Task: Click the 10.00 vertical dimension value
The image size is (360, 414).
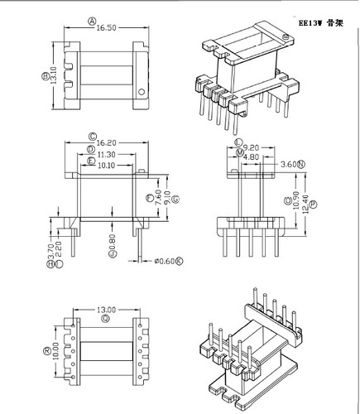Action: pyautogui.click(x=55, y=351)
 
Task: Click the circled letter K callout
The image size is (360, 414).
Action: pyautogui.click(x=180, y=262)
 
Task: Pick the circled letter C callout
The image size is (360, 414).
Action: pyautogui.click(x=92, y=134)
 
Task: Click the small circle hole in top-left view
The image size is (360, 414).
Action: pyautogui.click(x=141, y=92)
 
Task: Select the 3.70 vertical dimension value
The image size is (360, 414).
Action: pyautogui.click(x=50, y=248)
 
